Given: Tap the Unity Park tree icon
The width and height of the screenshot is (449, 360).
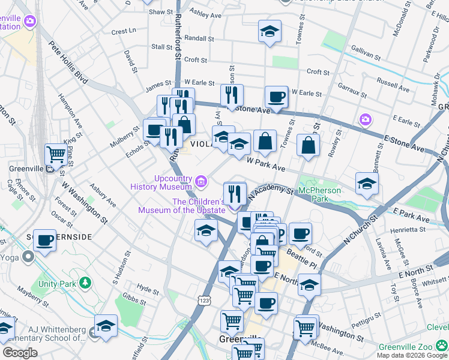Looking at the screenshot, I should tap(86, 282).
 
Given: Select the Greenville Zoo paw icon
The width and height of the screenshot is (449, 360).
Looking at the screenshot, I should tap(441, 346).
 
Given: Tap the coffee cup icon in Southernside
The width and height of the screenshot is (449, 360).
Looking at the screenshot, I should tap(44, 240).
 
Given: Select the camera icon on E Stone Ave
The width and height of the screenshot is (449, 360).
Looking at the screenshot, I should tap(365, 120).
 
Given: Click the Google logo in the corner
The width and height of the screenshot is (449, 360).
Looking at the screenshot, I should tap(20, 352).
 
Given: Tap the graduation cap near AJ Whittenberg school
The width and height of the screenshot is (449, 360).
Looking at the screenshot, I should tap(106, 325).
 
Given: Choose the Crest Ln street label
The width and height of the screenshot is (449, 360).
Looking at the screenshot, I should tap(124, 31).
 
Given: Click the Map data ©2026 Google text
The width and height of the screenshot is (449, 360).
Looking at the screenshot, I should tap(412, 355).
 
